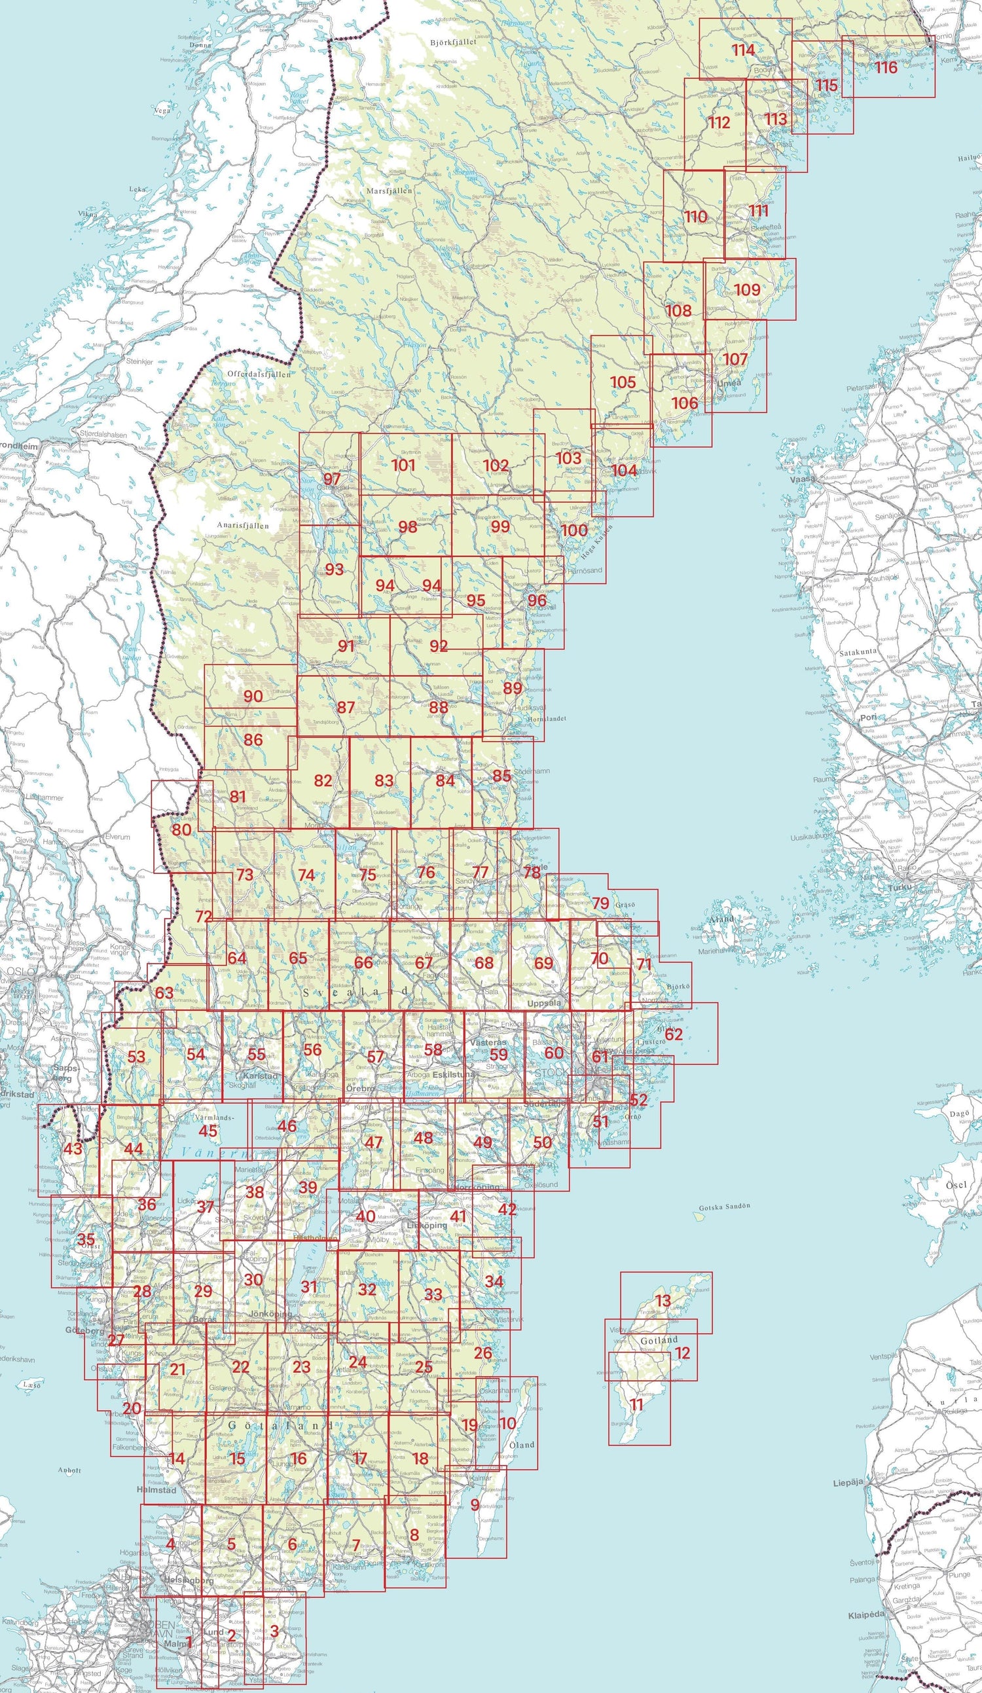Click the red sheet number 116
point(886,68)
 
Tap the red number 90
point(253,696)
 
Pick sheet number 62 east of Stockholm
point(674,1034)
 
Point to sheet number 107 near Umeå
point(735,359)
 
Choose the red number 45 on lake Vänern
point(209,1131)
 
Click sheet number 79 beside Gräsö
point(600,903)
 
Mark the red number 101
point(403,465)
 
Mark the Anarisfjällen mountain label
point(242,525)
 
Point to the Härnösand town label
point(585,570)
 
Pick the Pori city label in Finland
point(869,717)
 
